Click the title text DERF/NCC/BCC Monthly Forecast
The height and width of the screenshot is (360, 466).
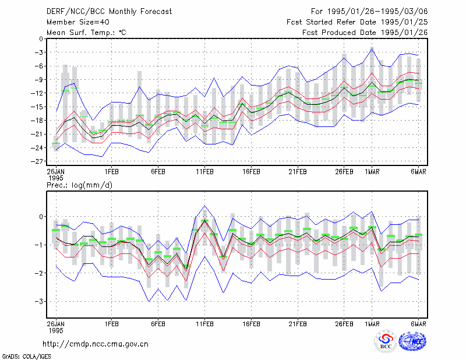(109, 12)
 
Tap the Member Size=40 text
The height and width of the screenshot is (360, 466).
(78, 22)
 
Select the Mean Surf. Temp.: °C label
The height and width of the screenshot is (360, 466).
(86, 33)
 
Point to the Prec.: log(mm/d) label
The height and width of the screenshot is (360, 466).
(79, 185)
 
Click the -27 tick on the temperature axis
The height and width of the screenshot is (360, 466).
(37, 161)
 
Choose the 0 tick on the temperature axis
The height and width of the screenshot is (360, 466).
(41, 38)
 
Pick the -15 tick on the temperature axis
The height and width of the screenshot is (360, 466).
(37, 107)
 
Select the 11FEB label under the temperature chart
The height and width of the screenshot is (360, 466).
(204, 172)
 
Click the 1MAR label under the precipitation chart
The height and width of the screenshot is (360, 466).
(372, 324)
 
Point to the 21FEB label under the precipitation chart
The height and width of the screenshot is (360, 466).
(298, 324)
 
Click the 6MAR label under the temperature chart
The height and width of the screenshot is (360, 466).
(418, 172)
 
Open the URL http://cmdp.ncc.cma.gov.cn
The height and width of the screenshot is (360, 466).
(96, 344)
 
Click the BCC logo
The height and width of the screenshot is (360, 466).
(386, 342)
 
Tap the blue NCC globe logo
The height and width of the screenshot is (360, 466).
(412, 341)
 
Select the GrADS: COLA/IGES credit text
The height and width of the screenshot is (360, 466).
(26, 357)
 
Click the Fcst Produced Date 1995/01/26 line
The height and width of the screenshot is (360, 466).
(365, 33)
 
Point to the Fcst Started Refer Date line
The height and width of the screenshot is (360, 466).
(357, 22)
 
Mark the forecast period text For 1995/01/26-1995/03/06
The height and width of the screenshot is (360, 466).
(369, 12)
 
